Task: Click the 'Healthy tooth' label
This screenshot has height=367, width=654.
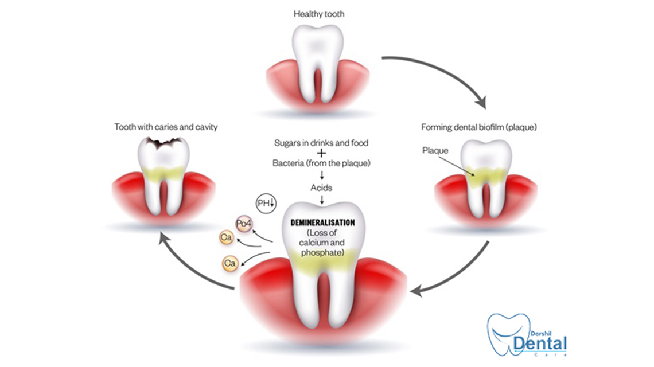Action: click(x=318, y=14)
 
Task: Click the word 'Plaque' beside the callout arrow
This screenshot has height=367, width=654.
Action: click(x=435, y=150)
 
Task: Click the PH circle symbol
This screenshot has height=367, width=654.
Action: click(x=266, y=203)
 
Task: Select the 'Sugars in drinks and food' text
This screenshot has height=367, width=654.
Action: click(x=321, y=143)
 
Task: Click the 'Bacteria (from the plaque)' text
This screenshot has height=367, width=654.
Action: click(x=321, y=163)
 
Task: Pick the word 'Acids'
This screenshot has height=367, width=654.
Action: click(x=322, y=188)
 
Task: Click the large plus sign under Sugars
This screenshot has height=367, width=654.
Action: click(x=322, y=153)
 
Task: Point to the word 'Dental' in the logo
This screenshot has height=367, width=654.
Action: click(x=540, y=344)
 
